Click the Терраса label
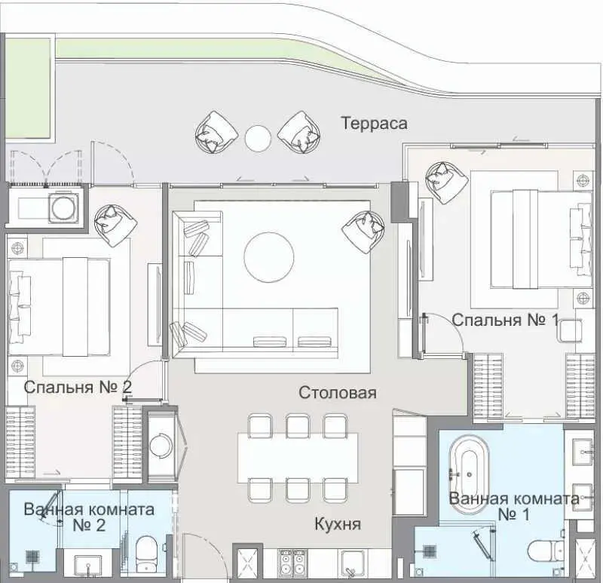coord(374,124)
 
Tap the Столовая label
coord(337,393)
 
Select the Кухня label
coord(337,524)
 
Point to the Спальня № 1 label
coord(504,320)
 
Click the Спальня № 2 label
coord(78,387)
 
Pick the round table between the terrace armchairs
coord(258,139)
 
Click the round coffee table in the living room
coord(269,257)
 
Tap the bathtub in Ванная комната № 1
coord(469,476)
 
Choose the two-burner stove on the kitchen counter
coord(292,563)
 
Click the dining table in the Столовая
coord(298,458)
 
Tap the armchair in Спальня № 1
coord(447,183)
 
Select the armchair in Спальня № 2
coord(116,226)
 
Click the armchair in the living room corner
coord(363,232)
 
